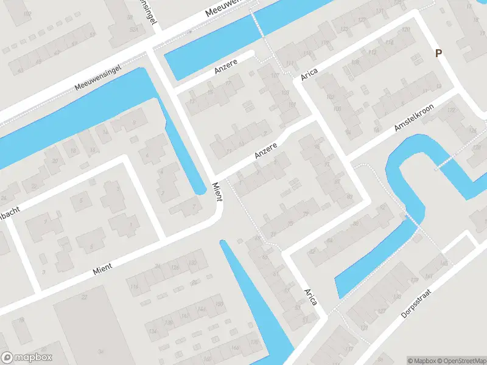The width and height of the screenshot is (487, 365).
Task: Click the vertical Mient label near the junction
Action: (217, 191)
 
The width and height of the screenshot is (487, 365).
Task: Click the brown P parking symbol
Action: (438, 54)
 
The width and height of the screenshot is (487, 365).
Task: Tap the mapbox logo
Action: (27, 358)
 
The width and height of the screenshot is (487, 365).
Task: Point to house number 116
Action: (133, 287)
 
